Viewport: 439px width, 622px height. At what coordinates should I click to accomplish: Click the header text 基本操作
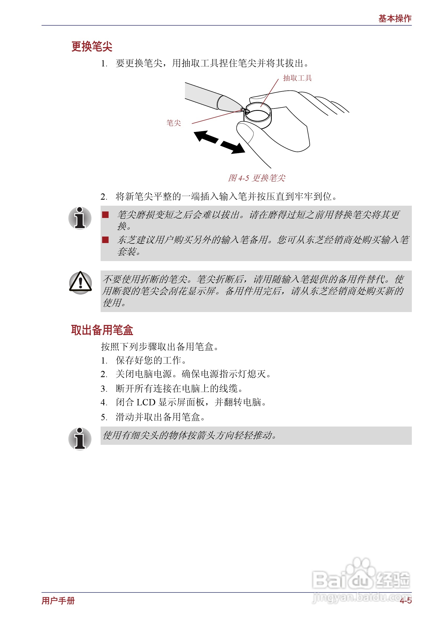click(395, 18)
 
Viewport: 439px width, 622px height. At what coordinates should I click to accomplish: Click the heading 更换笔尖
click(92, 46)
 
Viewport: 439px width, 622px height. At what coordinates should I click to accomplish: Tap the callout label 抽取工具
click(297, 78)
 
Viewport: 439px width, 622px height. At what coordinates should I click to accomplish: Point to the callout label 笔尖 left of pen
click(173, 123)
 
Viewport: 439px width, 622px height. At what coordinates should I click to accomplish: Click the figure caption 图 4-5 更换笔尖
click(256, 178)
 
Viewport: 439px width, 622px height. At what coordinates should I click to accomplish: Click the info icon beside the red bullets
click(80, 218)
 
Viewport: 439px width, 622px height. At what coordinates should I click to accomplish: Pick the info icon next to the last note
click(80, 439)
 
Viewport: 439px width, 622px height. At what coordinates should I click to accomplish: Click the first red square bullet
click(105, 215)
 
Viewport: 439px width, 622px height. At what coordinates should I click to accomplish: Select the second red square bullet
click(105, 240)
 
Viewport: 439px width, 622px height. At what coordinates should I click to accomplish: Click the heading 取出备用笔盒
click(102, 330)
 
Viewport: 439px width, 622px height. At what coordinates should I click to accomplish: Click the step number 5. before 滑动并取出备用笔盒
click(104, 417)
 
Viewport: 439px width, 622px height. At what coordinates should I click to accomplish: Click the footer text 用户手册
click(58, 601)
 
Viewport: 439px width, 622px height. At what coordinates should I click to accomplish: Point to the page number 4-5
click(405, 601)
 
